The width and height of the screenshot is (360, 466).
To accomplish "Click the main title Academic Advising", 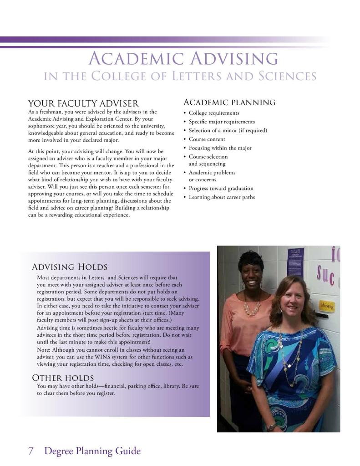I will (183, 59).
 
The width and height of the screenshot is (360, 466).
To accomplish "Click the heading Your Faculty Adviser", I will (83, 104).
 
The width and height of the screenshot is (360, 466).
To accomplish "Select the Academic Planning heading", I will (229, 102).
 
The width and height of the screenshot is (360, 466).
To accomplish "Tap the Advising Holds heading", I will (70, 266).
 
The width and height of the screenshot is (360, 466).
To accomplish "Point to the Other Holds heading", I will (63, 378).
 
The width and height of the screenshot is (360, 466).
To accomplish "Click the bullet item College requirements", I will (214, 113).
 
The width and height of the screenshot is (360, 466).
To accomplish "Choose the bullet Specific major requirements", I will (222, 122).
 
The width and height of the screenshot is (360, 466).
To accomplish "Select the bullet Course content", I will (207, 139).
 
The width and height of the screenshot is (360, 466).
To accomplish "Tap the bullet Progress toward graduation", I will (221, 188).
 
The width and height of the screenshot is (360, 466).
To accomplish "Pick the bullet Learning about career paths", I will (222, 197).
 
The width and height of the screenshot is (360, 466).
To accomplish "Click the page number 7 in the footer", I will (31, 451).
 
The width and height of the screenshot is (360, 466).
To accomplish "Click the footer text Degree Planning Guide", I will (92, 451).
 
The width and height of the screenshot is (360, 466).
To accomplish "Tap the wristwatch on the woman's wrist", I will (272, 427).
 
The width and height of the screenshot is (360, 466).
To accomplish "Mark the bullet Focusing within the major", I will (220, 148).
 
